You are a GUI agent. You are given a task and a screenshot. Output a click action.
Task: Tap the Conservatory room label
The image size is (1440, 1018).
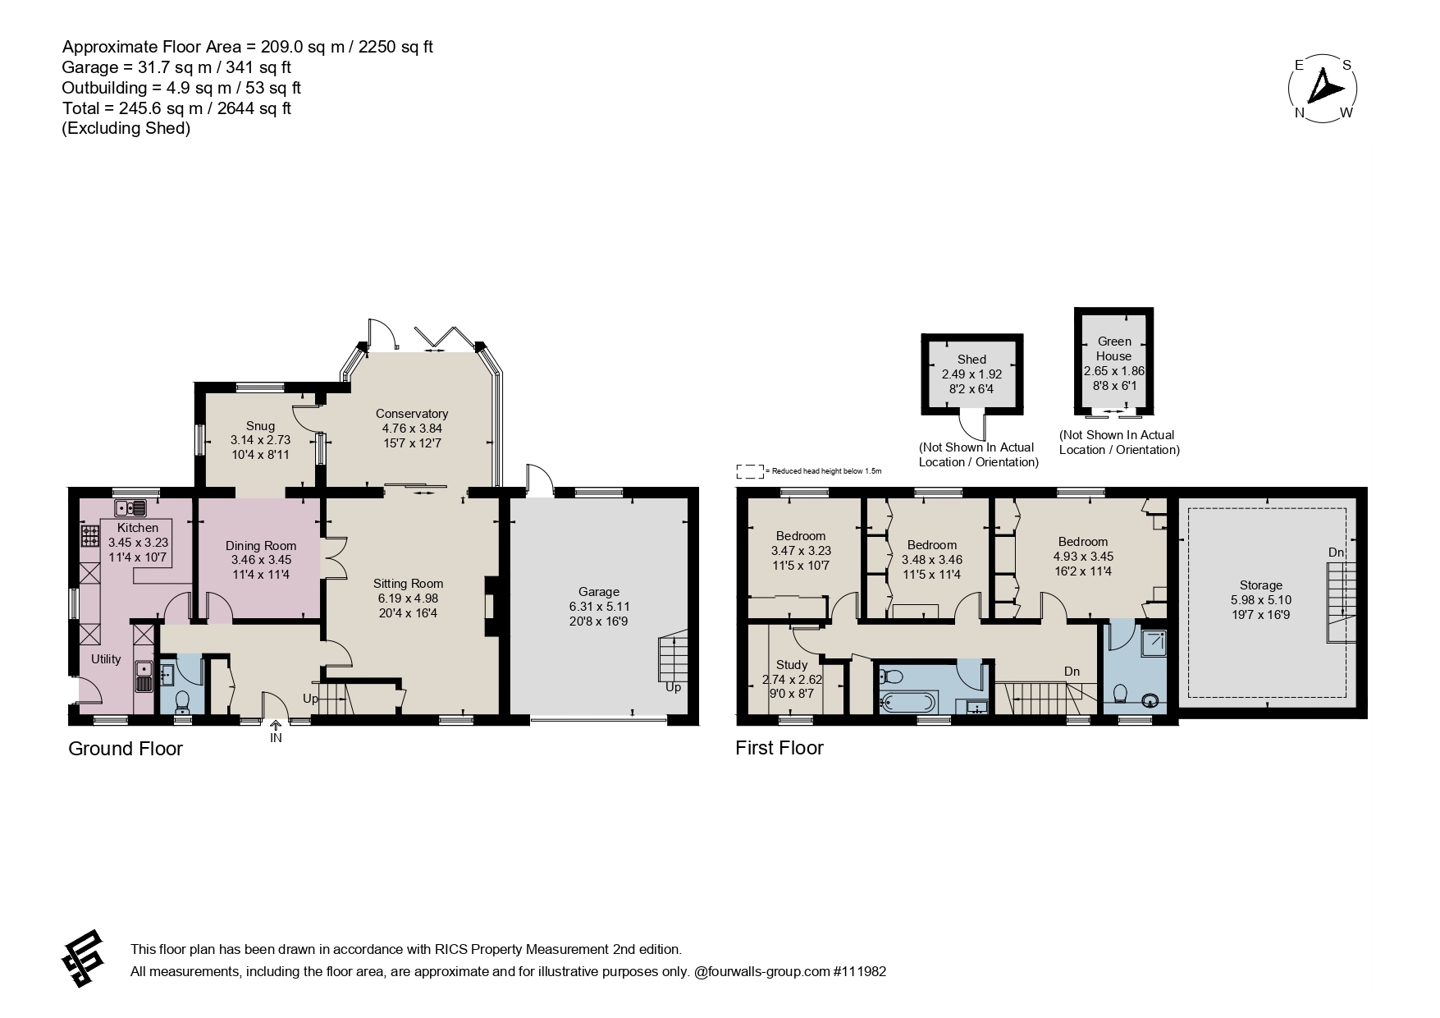[x=412, y=414]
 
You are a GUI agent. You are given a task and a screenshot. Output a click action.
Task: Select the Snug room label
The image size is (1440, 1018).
[x=260, y=425]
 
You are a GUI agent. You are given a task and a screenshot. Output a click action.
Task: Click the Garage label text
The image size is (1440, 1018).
[x=598, y=591]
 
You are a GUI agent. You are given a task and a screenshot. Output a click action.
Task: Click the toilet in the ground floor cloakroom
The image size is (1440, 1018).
[x=182, y=701]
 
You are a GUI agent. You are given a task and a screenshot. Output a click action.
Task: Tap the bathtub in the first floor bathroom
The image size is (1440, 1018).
[x=907, y=703]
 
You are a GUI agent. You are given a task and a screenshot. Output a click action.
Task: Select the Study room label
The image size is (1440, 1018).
[x=791, y=664]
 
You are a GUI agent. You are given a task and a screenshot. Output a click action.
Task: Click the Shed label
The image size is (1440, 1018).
[x=971, y=360]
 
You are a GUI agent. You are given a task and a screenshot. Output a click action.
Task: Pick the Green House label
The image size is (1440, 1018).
[x=1114, y=349]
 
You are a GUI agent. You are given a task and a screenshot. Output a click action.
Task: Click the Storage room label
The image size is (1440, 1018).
[x=1260, y=585]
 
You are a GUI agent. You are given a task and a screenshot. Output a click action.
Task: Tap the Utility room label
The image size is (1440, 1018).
[x=106, y=659]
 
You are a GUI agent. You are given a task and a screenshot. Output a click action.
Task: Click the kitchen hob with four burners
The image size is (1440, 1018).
[x=89, y=536]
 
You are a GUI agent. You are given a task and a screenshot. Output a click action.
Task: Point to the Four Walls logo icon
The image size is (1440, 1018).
[x=83, y=959]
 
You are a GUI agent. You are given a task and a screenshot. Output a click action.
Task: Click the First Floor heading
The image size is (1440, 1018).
[x=779, y=748]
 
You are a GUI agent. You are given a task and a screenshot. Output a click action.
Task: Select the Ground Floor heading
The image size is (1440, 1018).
[x=126, y=749]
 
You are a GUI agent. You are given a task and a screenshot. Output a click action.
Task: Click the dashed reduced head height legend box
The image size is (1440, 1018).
[x=749, y=471]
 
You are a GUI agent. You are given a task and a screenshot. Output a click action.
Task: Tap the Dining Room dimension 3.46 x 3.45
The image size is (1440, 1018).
[x=261, y=560]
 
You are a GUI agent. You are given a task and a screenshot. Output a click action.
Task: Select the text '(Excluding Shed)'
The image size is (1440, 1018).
[x=126, y=129]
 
